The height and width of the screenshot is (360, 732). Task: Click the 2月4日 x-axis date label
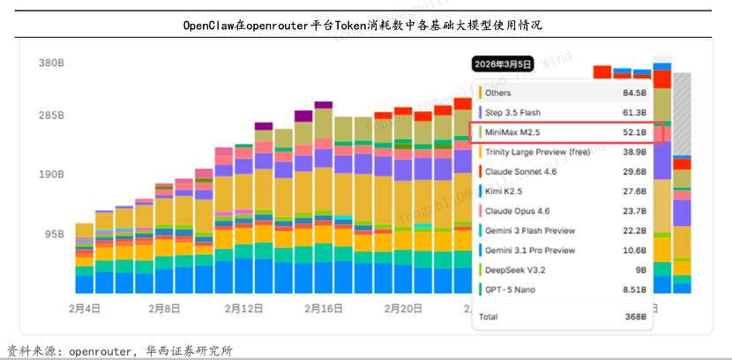(x=84, y=309)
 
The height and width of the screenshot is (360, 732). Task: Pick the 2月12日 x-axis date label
(x=244, y=309)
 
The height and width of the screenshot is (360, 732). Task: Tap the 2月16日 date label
(x=324, y=309)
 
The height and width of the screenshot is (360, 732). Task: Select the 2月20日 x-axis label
(x=403, y=309)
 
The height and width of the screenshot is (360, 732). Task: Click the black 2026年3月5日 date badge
(x=503, y=64)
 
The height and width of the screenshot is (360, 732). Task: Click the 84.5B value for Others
(x=634, y=93)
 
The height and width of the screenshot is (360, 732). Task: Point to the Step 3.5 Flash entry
(x=512, y=113)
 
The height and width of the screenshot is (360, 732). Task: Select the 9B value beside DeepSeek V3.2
(x=640, y=270)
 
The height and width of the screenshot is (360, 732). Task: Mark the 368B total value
(x=636, y=316)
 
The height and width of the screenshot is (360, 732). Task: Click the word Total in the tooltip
(x=488, y=316)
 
